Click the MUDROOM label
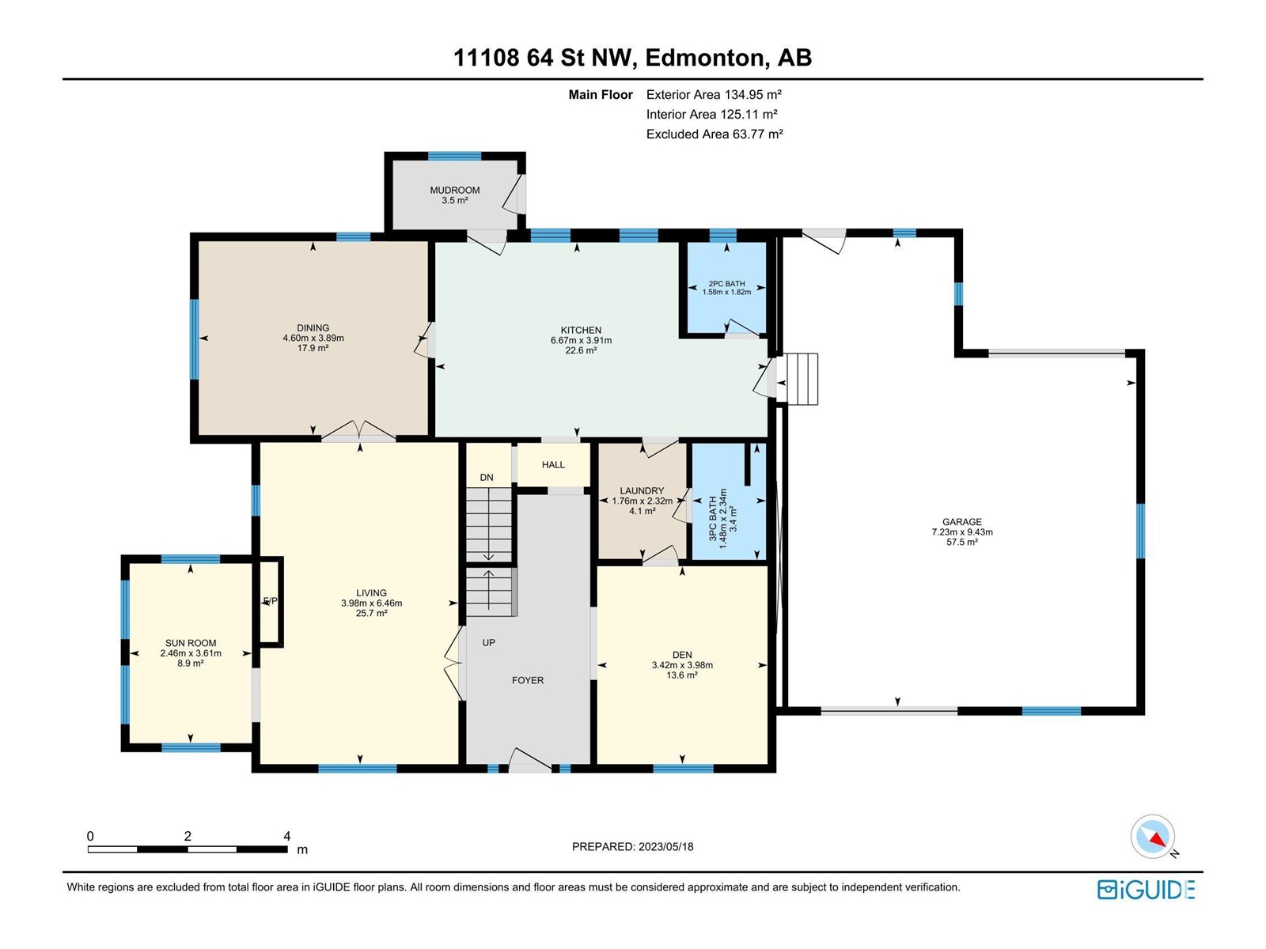(454, 190)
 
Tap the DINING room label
(313, 328)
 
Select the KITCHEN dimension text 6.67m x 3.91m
(581, 340)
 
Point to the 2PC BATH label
(726, 283)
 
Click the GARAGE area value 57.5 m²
(962, 542)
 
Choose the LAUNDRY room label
(642, 491)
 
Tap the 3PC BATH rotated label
(713, 518)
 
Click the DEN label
(682, 655)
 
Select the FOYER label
(528, 680)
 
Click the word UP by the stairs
(488, 642)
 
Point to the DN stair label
(487, 477)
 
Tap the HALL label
(553, 464)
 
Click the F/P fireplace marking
(270, 600)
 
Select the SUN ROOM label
(191, 643)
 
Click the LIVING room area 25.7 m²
(371, 613)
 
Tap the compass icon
(1152, 836)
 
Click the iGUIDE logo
(1146, 890)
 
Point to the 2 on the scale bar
(188, 836)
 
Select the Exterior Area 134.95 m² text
(714, 94)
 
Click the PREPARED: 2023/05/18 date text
(633, 846)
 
